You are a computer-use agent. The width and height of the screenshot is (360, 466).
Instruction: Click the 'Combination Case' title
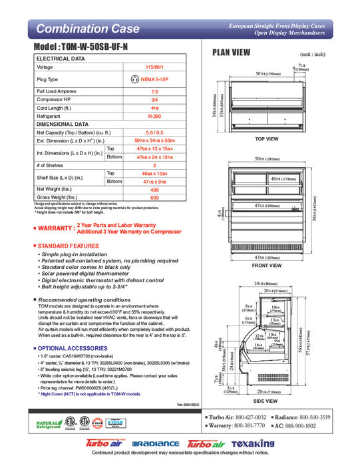[x=88, y=29]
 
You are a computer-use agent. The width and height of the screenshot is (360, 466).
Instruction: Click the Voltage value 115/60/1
[x=154, y=67]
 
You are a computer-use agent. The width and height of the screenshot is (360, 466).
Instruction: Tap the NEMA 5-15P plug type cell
[x=154, y=79]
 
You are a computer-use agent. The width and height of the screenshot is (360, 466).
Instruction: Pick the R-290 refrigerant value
[x=154, y=115]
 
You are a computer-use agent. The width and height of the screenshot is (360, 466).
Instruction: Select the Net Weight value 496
[x=154, y=189]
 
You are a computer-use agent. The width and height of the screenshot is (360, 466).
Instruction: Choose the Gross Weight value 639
[x=154, y=198]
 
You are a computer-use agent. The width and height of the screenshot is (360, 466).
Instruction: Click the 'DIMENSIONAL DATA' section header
[x=63, y=124]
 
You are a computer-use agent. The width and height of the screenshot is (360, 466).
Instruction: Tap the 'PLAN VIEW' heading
[x=231, y=54]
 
